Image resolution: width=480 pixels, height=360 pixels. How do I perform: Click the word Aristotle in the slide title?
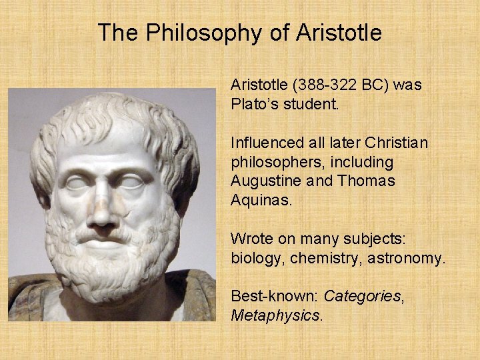[x=339, y=32]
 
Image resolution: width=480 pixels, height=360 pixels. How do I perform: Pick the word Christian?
[x=393, y=143]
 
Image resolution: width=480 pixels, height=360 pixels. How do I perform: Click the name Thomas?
[x=367, y=181]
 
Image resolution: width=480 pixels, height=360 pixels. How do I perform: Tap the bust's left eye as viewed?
[x=77, y=181]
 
